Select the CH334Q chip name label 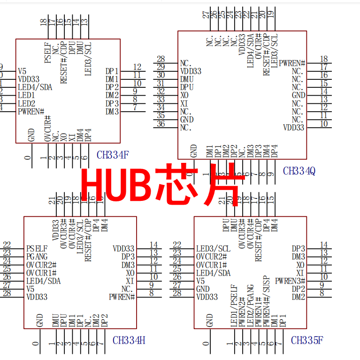pyautogui.click(x=299, y=171)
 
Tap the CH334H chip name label pyautogui.click(x=129, y=340)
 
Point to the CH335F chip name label pyautogui.click(x=307, y=340)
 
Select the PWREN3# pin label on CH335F pyautogui.click(x=290, y=281)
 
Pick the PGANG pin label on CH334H pyautogui.click(x=37, y=256)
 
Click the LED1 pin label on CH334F pyautogui.click(x=26, y=95)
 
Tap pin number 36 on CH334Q pyautogui.click(x=161, y=124)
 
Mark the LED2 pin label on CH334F pyautogui.click(x=26, y=103)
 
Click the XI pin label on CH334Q pyautogui.click(x=184, y=103)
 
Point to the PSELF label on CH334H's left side pyautogui.click(x=37, y=248)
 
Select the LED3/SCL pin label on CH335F pyautogui.click(x=213, y=248)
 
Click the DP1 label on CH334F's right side pyautogui.click(x=112, y=71)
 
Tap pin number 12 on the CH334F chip pyautogui.click(x=137, y=67)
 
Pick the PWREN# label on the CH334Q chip pyautogui.click(x=292, y=63)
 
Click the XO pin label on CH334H pyautogui.click(x=130, y=272)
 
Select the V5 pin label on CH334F pyautogui.click(x=22, y=71)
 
